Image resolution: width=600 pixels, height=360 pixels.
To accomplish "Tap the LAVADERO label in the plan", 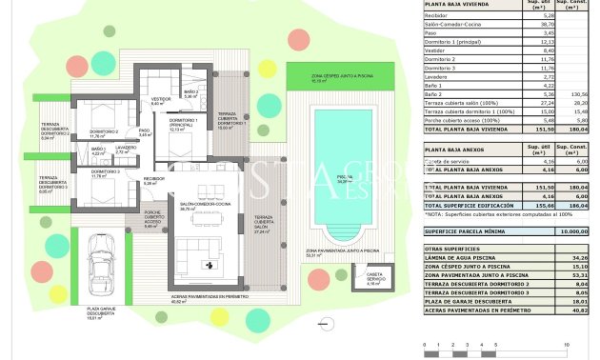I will (127, 150).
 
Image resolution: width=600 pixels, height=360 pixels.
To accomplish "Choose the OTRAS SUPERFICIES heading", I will (453, 249).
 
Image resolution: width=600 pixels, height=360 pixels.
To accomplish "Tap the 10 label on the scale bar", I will (568, 345).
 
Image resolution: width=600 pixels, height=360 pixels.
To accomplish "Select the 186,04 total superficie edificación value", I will (574, 205).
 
